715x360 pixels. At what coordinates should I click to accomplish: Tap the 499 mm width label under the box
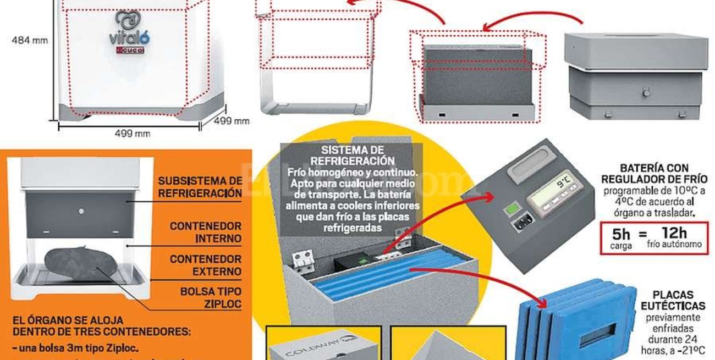[x=131, y=133]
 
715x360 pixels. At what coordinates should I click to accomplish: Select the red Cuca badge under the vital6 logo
[x=129, y=51]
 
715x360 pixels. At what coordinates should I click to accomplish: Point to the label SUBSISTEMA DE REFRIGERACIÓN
[x=200, y=187]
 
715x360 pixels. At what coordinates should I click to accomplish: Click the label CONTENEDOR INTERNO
[x=205, y=232]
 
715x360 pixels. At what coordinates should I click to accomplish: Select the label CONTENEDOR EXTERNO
[x=205, y=265]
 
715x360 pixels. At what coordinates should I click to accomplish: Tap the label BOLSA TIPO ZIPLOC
[x=211, y=297]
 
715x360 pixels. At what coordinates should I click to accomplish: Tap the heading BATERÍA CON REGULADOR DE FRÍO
[x=654, y=173]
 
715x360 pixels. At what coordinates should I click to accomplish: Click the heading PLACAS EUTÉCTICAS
[x=673, y=300]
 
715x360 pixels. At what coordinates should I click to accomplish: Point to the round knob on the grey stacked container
[x=646, y=92]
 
